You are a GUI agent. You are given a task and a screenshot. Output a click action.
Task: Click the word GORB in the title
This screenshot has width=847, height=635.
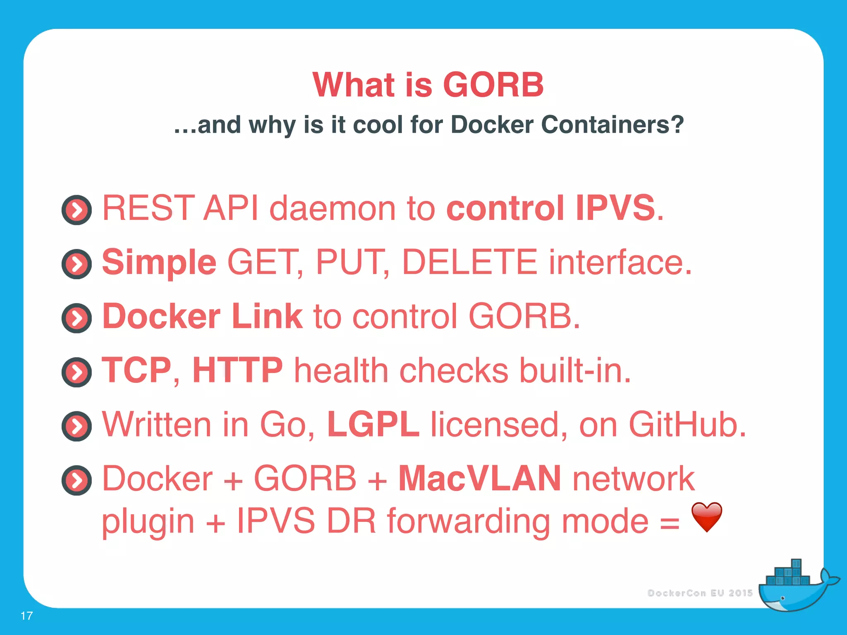tap(493, 85)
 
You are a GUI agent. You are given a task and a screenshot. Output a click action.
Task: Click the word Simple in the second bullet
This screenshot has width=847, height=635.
tap(159, 263)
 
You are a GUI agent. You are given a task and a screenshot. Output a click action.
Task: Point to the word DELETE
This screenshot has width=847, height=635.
tap(469, 262)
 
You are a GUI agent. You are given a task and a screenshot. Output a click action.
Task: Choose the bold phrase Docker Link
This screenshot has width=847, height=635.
tap(203, 316)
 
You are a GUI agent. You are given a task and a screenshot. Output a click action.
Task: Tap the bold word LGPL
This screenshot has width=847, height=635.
tap(373, 425)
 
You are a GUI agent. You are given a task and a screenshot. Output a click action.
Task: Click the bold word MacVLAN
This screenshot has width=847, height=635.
tap(480, 478)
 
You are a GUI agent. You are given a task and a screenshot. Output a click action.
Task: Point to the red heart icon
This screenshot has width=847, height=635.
tap(707, 517)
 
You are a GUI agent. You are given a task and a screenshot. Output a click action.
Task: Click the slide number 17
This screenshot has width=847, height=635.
tap(26, 616)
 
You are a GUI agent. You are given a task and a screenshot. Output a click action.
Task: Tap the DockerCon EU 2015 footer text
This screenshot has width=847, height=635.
tap(700, 593)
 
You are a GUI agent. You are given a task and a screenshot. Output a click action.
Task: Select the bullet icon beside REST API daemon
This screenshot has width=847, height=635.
tap(77, 210)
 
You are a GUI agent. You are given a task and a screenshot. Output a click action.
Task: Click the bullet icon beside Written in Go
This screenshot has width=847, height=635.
tap(77, 426)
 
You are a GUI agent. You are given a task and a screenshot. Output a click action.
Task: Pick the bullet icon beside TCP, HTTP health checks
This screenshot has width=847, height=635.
tap(77, 372)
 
